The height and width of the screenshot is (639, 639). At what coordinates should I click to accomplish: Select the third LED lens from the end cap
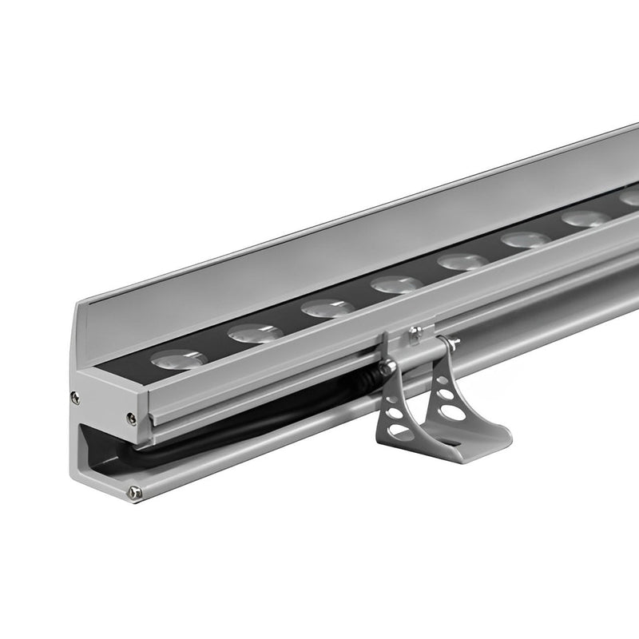[327, 308]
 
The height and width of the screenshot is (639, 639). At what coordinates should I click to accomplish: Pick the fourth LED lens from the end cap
[396, 284]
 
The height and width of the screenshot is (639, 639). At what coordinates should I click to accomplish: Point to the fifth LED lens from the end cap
[463, 260]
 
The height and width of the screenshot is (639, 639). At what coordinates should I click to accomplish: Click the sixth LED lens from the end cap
[526, 239]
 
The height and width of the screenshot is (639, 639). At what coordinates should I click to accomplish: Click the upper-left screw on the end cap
[75, 397]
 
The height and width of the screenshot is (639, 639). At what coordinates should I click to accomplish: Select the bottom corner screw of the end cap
[135, 493]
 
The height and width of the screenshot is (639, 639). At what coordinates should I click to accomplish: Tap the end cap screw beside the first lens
[131, 417]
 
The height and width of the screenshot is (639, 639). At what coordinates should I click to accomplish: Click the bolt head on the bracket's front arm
[387, 368]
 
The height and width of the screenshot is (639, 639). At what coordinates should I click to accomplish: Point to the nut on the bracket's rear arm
[453, 344]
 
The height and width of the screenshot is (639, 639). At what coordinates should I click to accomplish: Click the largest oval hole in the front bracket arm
[400, 433]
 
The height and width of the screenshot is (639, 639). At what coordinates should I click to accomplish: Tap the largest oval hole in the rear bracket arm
[452, 413]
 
